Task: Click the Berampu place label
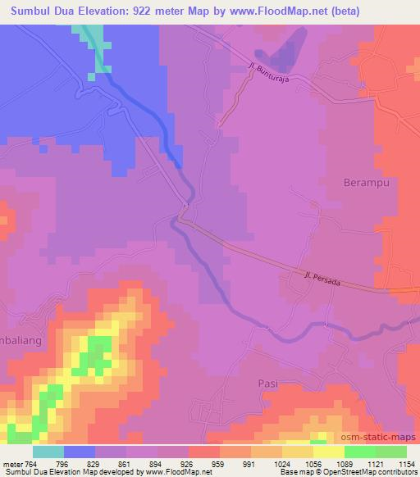(x=365, y=183)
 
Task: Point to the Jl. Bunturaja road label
(x=271, y=70)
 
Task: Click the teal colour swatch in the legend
(x=48, y=452)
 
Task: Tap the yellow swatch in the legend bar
(x=328, y=452)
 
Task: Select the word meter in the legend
(x=13, y=465)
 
